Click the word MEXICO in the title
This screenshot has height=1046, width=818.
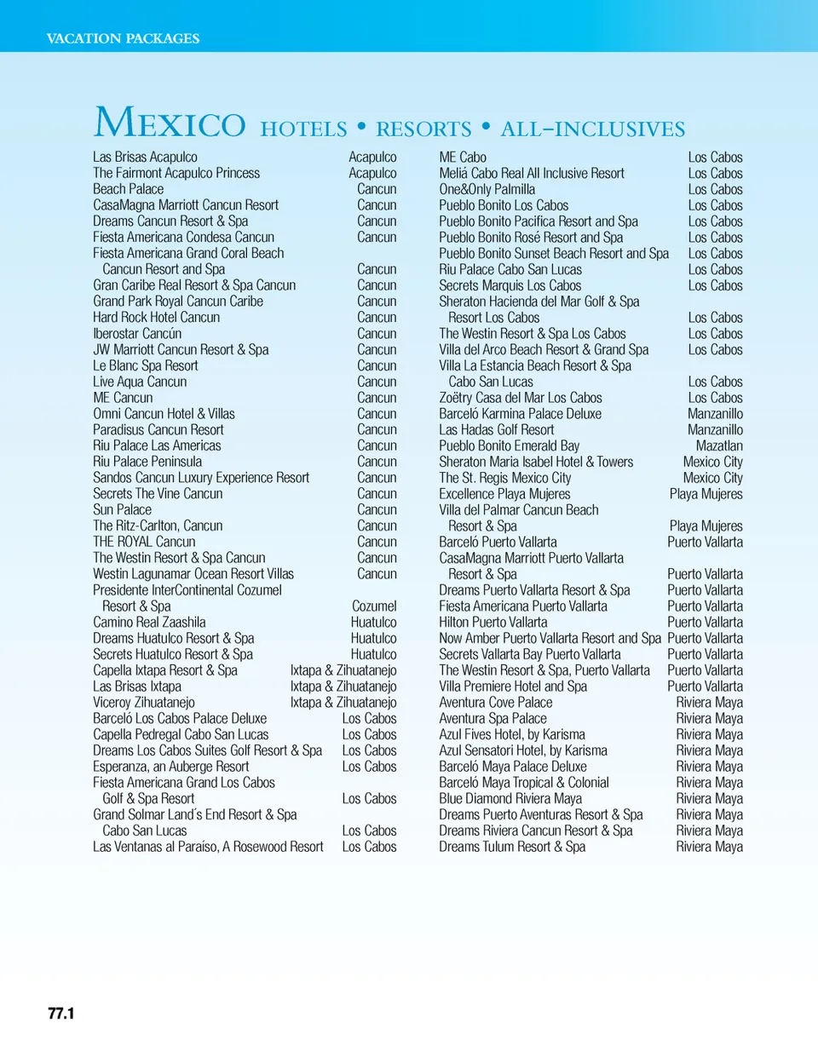pos(169,124)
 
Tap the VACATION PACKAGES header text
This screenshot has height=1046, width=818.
pos(123,38)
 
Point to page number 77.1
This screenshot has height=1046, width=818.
pos(61,1014)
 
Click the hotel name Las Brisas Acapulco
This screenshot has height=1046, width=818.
pos(145,157)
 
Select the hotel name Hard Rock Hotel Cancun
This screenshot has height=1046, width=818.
pos(156,317)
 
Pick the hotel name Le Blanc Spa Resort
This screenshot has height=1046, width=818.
pos(145,365)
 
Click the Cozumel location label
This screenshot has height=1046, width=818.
pos(374,606)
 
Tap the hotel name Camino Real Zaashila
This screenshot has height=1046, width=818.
pos(149,623)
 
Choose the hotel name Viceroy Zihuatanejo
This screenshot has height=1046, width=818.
pos(143,703)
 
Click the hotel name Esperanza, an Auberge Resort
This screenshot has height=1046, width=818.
pos(171,767)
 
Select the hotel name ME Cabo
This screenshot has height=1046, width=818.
pos(463,157)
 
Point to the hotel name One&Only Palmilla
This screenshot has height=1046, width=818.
pos(487,189)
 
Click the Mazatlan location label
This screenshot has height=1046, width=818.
pos(719,445)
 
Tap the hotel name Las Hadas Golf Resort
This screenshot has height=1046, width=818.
pos(496,429)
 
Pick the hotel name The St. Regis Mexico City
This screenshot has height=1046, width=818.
pos(505,478)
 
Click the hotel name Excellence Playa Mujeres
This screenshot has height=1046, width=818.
pos(504,494)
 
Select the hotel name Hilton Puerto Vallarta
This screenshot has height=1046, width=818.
pos(493,623)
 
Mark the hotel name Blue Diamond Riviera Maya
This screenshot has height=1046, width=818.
pos(510,799)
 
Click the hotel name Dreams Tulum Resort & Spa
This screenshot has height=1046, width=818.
pos(512,847)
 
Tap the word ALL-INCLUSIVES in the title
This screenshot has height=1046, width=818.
pos(593,129)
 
